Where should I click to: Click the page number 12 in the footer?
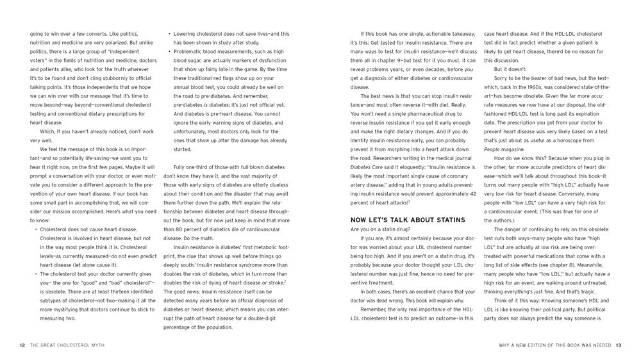pyautogui.click(x=22, y=345)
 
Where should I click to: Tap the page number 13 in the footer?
pyautogui.click(x=619, y=345)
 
